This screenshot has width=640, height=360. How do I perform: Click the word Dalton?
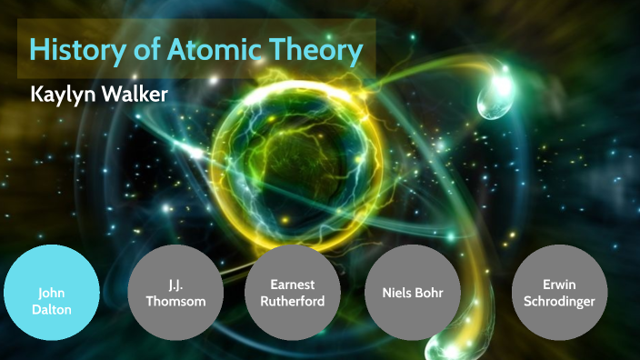pos(51,308)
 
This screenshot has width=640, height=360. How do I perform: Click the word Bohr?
pos(437,293)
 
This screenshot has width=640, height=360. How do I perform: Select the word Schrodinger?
pos(558,301)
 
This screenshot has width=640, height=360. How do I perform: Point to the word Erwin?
pos(558,285)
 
